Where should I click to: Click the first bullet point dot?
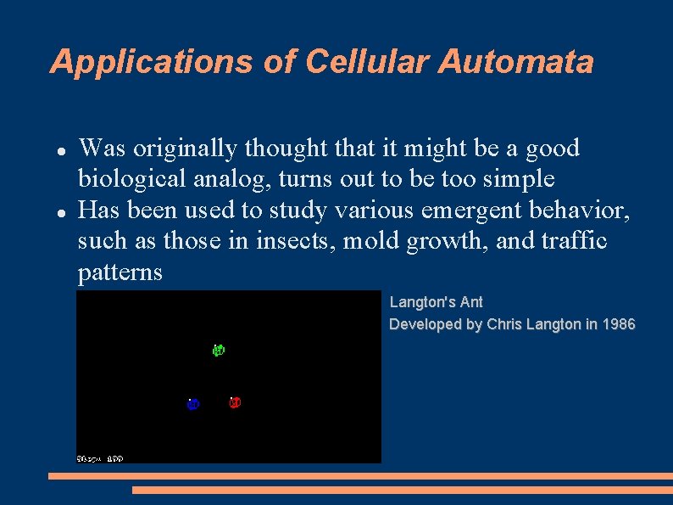(61, 149)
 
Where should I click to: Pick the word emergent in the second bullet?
(459, 210)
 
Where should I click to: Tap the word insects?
(300, 241)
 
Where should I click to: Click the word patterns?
(120, 272)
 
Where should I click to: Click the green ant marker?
(219, 350)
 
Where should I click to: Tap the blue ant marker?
(192, 403)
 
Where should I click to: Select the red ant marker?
(235, 401)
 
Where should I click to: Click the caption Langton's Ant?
(436, 302)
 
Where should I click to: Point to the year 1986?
(618, 324)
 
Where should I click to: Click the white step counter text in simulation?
(100, 458)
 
